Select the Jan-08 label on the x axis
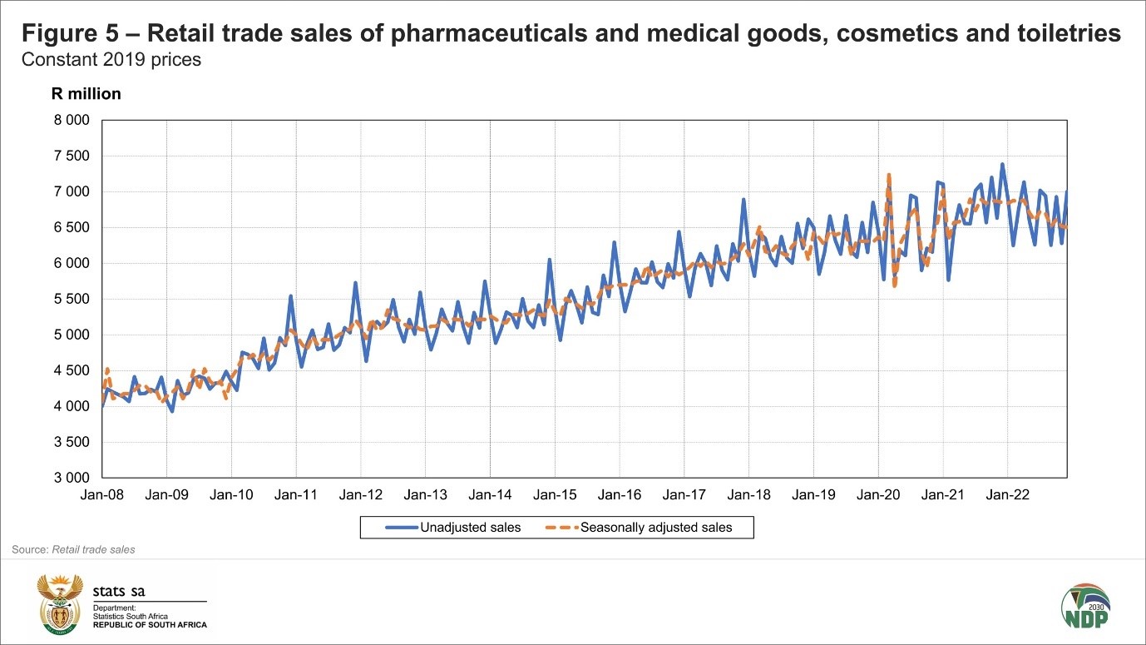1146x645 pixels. pos(101,495)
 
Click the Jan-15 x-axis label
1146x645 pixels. pos(555,495)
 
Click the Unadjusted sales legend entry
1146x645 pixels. pos(453,527)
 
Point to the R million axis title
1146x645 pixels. pos(86,94)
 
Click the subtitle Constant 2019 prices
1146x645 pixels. pos(111,61)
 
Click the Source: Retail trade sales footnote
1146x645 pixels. pos(73,549)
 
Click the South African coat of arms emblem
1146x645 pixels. pos(61,603)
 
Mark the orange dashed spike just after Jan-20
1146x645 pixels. pos(889,176)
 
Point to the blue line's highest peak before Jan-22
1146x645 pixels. pos(1002,165)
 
